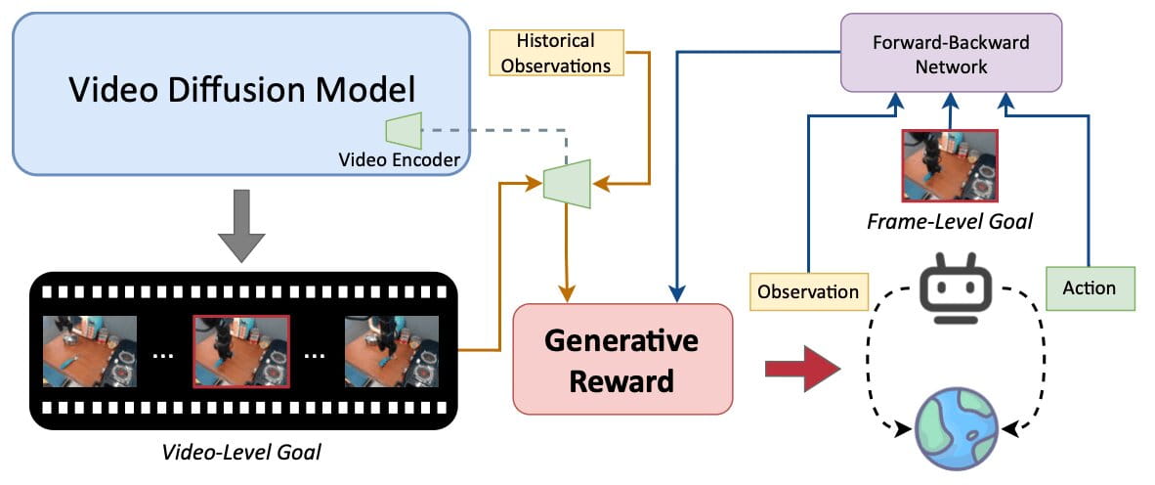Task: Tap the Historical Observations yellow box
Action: (556, 54)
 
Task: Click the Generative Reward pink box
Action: (622, 357)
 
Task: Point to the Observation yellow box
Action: (808, 291)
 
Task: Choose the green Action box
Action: (1089, 288)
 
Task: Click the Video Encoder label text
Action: (399, 160)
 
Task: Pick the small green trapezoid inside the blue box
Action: (404, 129)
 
